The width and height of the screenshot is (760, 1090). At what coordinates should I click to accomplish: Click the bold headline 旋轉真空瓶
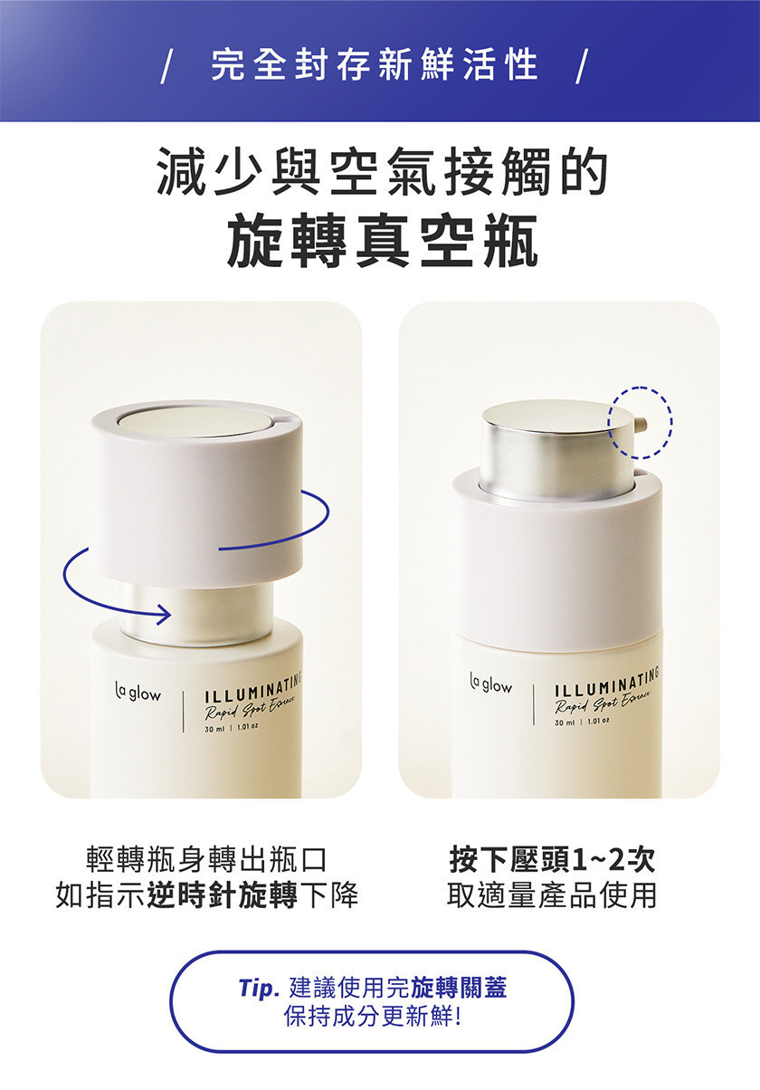[383, 241]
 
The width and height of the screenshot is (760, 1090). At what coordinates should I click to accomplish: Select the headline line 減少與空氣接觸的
[383, 171]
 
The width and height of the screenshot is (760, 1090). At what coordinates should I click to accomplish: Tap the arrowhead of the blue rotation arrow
[165, 614]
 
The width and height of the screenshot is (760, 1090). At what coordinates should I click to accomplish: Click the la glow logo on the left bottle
[138, 693]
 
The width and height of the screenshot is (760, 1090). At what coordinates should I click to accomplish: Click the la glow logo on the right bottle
[491, 685]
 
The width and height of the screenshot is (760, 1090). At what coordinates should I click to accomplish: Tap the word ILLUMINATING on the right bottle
[607, 679]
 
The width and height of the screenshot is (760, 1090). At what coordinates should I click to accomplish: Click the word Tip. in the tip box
[259, 988]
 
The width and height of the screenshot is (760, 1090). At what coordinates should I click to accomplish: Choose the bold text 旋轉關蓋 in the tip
[459, 988]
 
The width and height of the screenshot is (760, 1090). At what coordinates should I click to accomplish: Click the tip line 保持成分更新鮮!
[373, 1016]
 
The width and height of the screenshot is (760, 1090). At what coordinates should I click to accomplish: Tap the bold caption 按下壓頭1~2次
[553, 860]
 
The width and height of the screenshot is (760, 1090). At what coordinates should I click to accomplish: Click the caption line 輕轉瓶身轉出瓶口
[206, 860]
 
